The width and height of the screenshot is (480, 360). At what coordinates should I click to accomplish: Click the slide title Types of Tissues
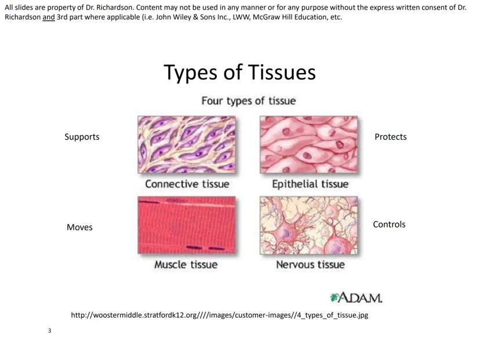(239, 73)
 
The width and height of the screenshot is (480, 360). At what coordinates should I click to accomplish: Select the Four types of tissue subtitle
(249, 101)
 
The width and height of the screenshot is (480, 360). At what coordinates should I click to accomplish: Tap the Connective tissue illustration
(187, 144)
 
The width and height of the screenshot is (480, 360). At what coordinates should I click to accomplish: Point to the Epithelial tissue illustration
(308, 144)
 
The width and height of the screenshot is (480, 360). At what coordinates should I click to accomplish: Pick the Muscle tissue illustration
(187, 225)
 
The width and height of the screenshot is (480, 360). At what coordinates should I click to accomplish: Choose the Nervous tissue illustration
(308, 226)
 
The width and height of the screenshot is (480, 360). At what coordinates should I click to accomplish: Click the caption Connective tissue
(187, 184)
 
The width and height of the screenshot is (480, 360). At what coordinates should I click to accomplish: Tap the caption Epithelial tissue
(310, 184)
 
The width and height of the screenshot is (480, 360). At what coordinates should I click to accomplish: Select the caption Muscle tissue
(186, 264)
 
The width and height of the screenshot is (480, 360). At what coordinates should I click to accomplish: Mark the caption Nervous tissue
(310, 264)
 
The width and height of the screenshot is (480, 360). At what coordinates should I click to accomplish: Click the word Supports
(82, 137)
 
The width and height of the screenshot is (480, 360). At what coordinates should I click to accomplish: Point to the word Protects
(391, 137)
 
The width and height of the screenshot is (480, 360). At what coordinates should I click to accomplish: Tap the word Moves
(79, 227)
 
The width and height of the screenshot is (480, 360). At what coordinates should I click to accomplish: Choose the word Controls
(389, 224)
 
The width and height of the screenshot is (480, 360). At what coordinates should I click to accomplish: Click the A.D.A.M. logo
(357, 297)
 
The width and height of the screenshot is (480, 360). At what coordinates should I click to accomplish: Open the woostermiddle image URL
(220, 315)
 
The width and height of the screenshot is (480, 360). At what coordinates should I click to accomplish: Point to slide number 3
(50, 330)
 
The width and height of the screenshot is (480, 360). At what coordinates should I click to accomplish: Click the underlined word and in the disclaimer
(49, 17)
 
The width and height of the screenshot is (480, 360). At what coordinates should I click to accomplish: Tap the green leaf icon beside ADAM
(334, 297)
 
